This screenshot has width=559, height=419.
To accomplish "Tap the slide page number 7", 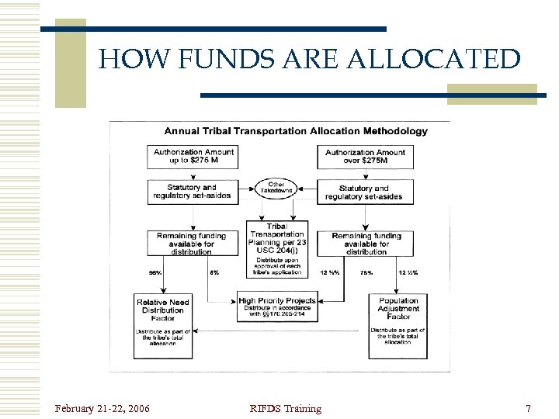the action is coord(528,408).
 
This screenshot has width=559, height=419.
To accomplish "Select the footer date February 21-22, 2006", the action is coord(102,408).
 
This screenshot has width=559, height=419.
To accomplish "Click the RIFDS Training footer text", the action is coord(285,408).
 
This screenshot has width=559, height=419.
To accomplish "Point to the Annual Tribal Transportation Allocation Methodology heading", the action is coord(296,131).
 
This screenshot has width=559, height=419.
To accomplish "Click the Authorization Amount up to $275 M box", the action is coord(192,156).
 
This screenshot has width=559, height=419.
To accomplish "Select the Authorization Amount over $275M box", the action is coord(365,157).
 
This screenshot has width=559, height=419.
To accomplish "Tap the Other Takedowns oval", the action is coord(277,188).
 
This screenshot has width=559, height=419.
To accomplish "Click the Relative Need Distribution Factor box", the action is coord(163,324).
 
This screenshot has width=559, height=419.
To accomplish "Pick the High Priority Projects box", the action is coord(277,307).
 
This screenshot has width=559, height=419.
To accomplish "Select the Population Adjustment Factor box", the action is coord(398,324).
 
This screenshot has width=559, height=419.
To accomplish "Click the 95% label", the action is coord(155,272).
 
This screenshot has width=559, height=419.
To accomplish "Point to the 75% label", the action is coord(366,272).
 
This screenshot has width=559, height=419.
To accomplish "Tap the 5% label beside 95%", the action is coord(214,272).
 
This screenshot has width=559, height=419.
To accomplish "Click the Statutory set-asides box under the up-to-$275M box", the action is coord(192,192).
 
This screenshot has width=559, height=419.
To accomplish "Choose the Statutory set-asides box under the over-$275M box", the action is coord(364,192).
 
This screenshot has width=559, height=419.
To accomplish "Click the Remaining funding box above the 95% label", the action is coord(192,243).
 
